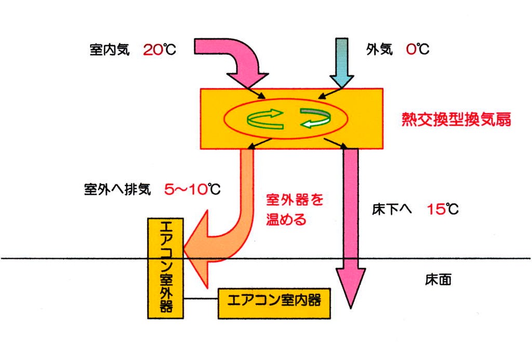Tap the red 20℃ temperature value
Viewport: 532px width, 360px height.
159,50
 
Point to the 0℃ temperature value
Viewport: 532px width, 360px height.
418,50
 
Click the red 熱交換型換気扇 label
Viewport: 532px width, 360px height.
456,120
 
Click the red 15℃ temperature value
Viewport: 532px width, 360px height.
443,210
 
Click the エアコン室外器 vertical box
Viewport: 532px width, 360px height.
165,268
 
